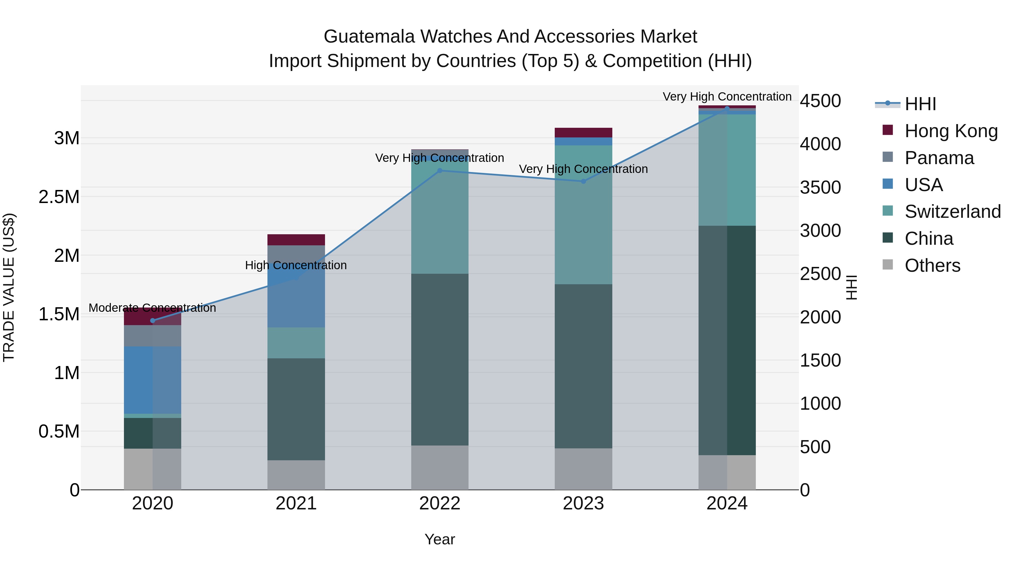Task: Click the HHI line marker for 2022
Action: point(440,171)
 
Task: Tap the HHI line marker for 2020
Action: point(153,321)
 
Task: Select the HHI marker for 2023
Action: point(583,181)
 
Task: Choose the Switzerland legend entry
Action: point(952,212)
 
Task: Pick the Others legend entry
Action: point(932,265)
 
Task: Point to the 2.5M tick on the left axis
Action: point(59,197)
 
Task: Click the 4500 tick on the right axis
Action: point(820,101)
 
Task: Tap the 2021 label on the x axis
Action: point(296,503)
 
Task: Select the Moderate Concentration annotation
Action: point(152,308)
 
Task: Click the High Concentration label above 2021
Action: point(296,265)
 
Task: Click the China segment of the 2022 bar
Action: point(440,359)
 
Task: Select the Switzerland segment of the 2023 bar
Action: point(583,214)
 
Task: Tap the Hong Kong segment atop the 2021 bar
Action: point(296,240)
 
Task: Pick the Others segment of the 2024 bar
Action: point(727,472)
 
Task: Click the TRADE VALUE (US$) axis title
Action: point(9,287)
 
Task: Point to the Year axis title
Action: point(440,539)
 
